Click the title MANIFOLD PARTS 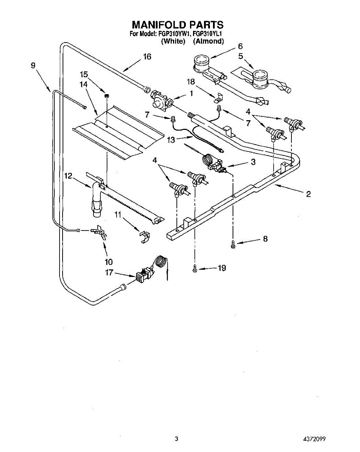click(177, 25)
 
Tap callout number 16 click(147, 57)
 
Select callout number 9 click(33, 65)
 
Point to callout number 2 click(308, 194)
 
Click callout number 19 click(222, 268)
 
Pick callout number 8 click(265, 238)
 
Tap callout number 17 click(109, 273)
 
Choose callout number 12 click(68, 176)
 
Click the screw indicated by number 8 click(233, 244)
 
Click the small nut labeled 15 click(106, 96)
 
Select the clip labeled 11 click(143, 237)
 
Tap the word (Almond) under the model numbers click(208, 41)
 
